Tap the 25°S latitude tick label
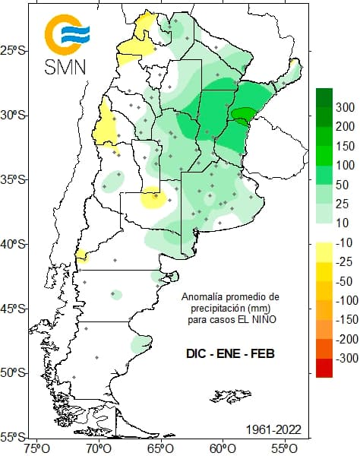point(14,51)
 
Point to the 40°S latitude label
point(14,244)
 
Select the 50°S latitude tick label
point(14,372)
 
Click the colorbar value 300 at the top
point(346,106)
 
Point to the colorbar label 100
point(346,165)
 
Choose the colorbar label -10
point(346,243)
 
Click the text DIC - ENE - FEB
point(230,354)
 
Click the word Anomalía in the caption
point(201,296)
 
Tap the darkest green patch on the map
point(243,114)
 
